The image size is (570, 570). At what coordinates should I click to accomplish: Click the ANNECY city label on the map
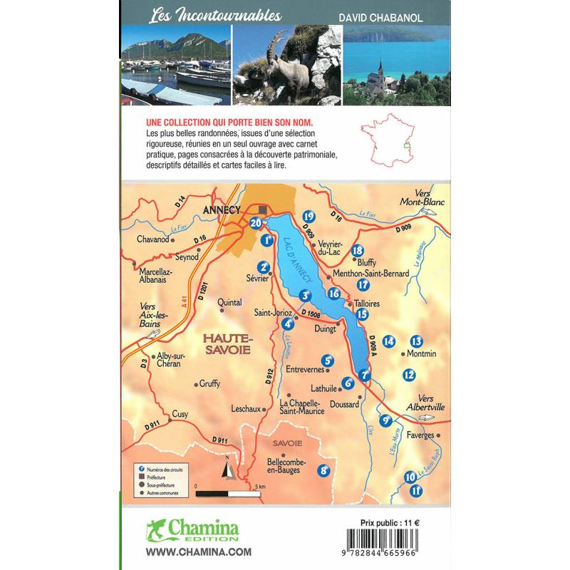pos(224,211)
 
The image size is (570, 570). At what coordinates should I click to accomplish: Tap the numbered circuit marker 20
pos(256,223)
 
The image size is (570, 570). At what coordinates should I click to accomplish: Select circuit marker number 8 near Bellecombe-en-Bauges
pos(325,470)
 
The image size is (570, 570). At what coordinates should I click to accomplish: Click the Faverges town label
pos(420,435)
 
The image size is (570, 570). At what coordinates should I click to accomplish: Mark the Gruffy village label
pos(209,383)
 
